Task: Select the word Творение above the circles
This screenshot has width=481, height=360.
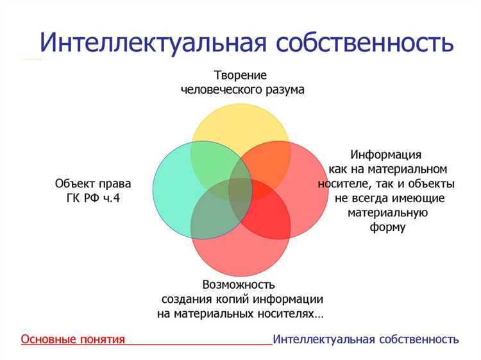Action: coord(241,74)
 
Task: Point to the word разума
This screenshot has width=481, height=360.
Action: coord(282,89)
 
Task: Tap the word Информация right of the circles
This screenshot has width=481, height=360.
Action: coord(386,154)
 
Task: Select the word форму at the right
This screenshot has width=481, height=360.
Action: coord(387,227)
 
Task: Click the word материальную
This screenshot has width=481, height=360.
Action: coord(387,212)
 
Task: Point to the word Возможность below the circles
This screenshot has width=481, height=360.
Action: coord(239,284)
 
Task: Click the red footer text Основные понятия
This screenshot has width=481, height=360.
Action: coord(72,339)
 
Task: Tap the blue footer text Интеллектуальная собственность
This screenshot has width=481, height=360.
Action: coord(366,339)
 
